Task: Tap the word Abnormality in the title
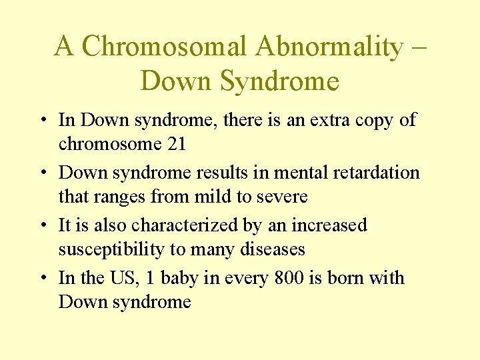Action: [329, 47]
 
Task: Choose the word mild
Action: [217, 197]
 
